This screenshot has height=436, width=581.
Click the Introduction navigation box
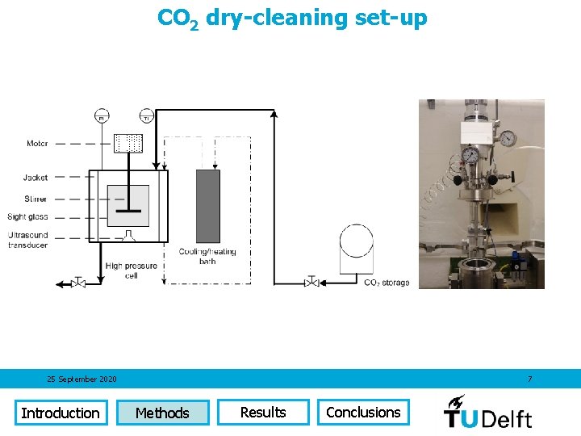point(61,413)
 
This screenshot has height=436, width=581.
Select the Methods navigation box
point(162,413)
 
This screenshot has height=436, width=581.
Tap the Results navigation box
point(263,412)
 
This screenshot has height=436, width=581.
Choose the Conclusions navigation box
point(363,412)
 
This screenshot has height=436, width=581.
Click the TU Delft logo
point(488,412)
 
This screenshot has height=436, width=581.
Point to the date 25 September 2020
point(82,379)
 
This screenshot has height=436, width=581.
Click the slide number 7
point(529,379)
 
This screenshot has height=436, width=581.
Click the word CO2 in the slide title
point(178,18)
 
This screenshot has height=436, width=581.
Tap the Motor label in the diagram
point(37,144)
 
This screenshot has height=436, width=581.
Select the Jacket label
point(36,178)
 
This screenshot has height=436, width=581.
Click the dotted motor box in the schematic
point(129,144)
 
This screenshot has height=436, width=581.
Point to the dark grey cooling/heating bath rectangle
point(208,206)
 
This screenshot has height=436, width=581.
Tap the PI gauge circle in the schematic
point(102,115)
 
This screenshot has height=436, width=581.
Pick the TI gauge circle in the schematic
point(146,115)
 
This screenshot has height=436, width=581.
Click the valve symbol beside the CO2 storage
point(311,282)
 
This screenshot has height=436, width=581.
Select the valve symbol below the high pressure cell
point(78,283)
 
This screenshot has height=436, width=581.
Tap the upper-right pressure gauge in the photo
point(508,138)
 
